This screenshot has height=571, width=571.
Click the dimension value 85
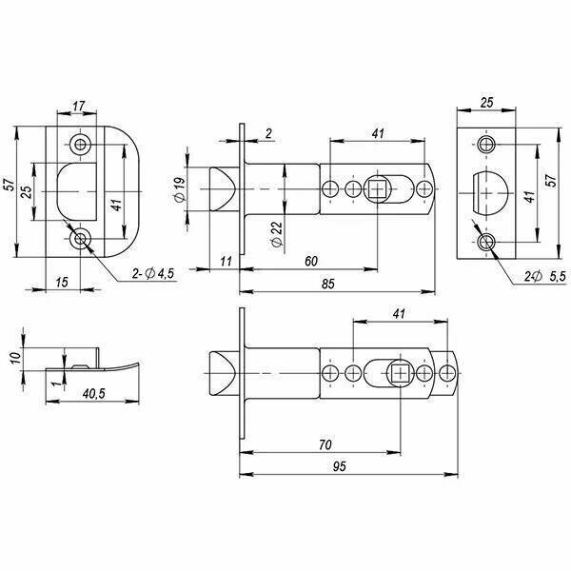(327, 284)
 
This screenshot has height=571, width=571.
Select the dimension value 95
(339, 466)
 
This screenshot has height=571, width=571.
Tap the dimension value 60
(311, 261)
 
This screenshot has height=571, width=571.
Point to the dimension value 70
(325, 444)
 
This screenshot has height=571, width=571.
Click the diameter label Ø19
(180, 188)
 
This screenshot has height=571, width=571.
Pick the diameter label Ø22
(277, 234)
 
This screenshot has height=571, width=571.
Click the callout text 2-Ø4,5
(153, 273)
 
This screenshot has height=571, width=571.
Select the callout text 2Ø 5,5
(545, 276)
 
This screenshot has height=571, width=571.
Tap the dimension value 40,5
(93, 393)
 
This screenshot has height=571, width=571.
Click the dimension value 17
(78, 106)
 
